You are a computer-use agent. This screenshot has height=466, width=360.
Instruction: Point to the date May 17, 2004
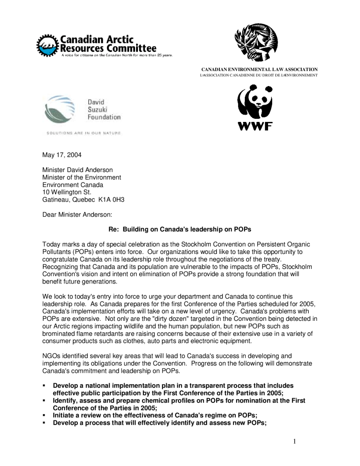coord(62,155)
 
